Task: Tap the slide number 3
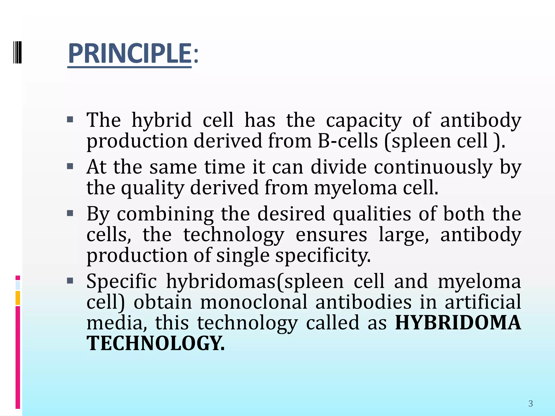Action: tap(530, 404)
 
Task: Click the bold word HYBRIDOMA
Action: tap(458, 323)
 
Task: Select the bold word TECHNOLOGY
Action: tap(155, 343)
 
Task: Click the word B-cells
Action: tap(348, 141)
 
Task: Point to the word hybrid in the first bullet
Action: tap(162, 120)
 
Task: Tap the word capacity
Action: tap(364, 121)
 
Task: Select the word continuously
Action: tap(433, 167)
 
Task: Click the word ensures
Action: tap(331, 235)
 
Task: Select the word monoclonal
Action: tap(254, 302)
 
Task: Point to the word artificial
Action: tap(483, 302)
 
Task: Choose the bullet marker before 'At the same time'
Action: tap(70, 166)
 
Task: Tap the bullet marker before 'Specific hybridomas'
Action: tap(70, 281)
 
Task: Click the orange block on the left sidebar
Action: tap(18, 298)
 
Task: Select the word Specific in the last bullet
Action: tap(121, 281)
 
